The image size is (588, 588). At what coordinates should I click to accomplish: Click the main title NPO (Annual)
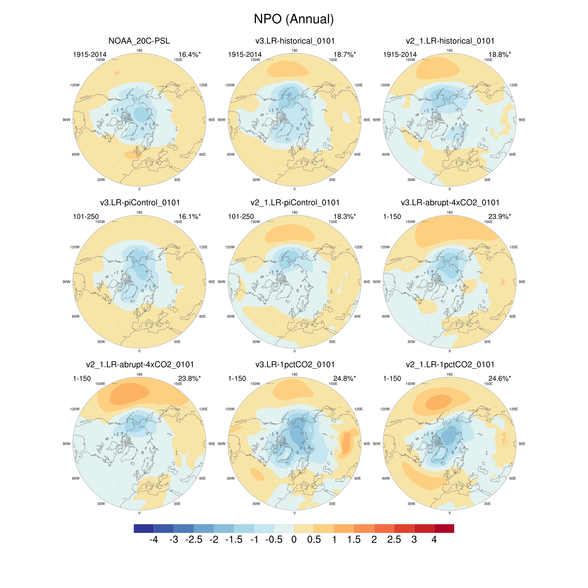point(294,19)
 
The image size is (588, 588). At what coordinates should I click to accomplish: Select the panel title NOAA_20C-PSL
point(139,41)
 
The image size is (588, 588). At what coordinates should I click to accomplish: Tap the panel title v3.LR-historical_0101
point(295,41)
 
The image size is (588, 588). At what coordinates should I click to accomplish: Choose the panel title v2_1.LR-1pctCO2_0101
point(450,365)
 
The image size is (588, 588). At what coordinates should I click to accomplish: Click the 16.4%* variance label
point(189,54)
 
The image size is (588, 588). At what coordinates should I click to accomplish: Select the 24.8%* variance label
point(344,379)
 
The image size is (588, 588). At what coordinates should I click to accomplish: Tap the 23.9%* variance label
point(499,217)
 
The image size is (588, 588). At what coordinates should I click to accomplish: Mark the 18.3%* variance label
point(344,217)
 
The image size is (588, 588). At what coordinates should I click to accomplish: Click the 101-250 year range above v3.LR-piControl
point(86,217)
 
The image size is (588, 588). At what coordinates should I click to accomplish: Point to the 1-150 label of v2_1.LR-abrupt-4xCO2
point(82,379)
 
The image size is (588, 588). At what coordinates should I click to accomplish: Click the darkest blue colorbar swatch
point(144,529)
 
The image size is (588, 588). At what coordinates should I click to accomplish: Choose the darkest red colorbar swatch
point(444,529)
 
